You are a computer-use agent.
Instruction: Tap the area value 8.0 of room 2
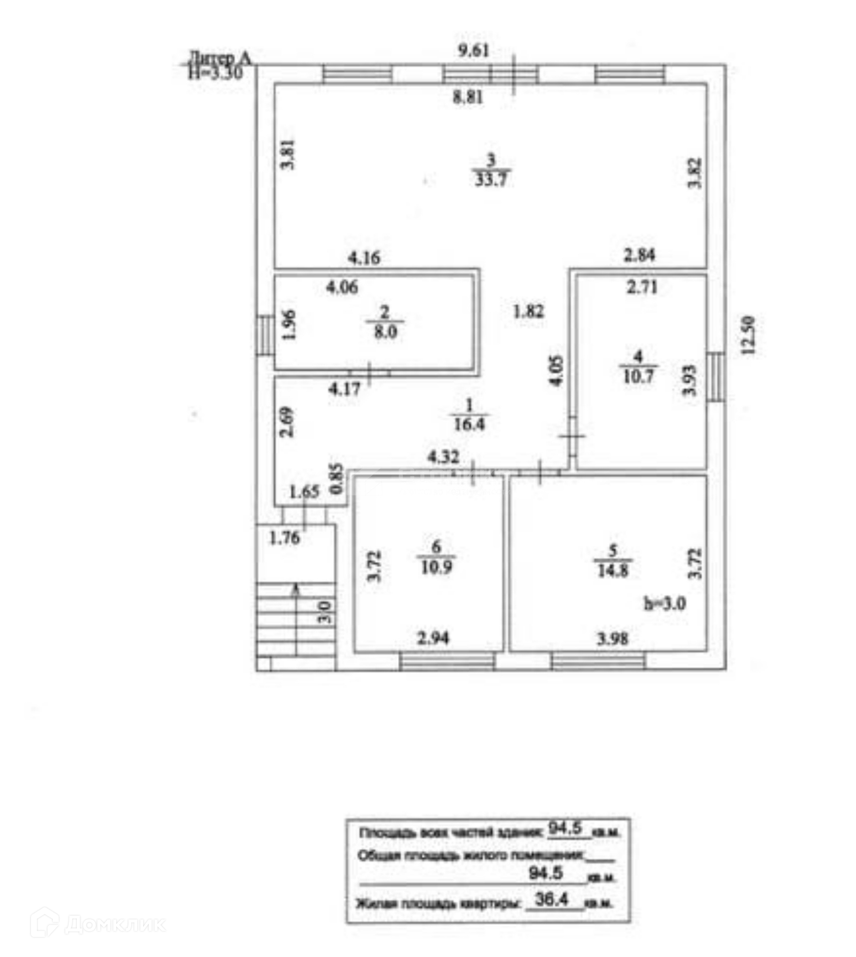[385, 332]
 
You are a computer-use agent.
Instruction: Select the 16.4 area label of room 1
[469, 424]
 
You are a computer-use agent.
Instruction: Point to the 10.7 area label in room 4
[638, 376]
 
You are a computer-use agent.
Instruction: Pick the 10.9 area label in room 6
[436, 567]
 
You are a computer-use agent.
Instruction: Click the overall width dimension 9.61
[473, 50]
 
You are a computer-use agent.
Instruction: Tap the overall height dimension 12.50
[748, 335]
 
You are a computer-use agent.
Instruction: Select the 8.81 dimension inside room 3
[468, 97]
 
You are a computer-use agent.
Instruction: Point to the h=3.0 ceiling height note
[665, 604]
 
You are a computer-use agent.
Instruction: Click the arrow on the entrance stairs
[296, 591]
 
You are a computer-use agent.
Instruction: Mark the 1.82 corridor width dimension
[528, 312]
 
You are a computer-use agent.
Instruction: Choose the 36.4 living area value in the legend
[551, 900]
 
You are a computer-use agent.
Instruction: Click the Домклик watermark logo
[97, 925]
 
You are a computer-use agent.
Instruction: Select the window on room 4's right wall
[716, 376]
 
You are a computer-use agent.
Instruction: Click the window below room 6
[447, 661]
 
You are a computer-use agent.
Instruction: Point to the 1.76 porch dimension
[284, 538]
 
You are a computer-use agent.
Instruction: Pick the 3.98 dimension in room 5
[613, 638]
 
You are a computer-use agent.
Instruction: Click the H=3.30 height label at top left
[215, 73]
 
